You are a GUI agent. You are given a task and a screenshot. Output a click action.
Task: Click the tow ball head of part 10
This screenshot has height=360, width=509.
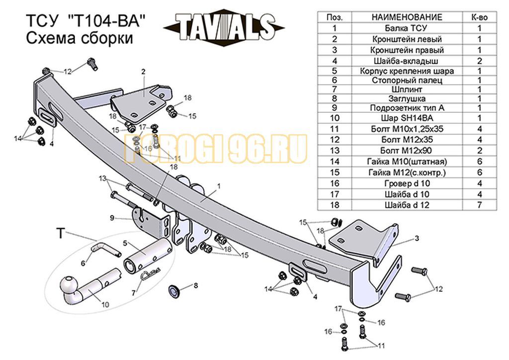tap(69, 286)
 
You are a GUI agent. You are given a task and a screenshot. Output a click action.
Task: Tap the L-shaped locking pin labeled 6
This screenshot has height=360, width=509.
tap(105, 250)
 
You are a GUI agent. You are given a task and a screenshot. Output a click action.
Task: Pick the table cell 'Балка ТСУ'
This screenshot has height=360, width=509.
tap(406, 28)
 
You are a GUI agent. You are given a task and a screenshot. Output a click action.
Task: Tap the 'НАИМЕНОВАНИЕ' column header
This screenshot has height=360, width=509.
tap(407, 17)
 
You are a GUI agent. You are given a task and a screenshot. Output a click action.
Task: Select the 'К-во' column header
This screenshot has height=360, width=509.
tap(480, 17)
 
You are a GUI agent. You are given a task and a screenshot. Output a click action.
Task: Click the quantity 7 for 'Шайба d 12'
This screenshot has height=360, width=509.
tap(480, 205)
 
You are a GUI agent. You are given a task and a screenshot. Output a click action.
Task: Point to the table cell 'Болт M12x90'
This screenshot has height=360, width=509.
tap(406, 151)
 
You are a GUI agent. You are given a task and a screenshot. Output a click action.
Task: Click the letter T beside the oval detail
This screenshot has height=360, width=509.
tap(61, 233)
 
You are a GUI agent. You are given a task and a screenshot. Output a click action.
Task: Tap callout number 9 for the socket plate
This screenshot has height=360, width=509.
tap(112, 218)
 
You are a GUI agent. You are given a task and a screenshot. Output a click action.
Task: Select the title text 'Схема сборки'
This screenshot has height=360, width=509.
tap(79, 38)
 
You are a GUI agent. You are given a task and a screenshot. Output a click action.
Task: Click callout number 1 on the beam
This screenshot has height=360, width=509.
tap(219, 186)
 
